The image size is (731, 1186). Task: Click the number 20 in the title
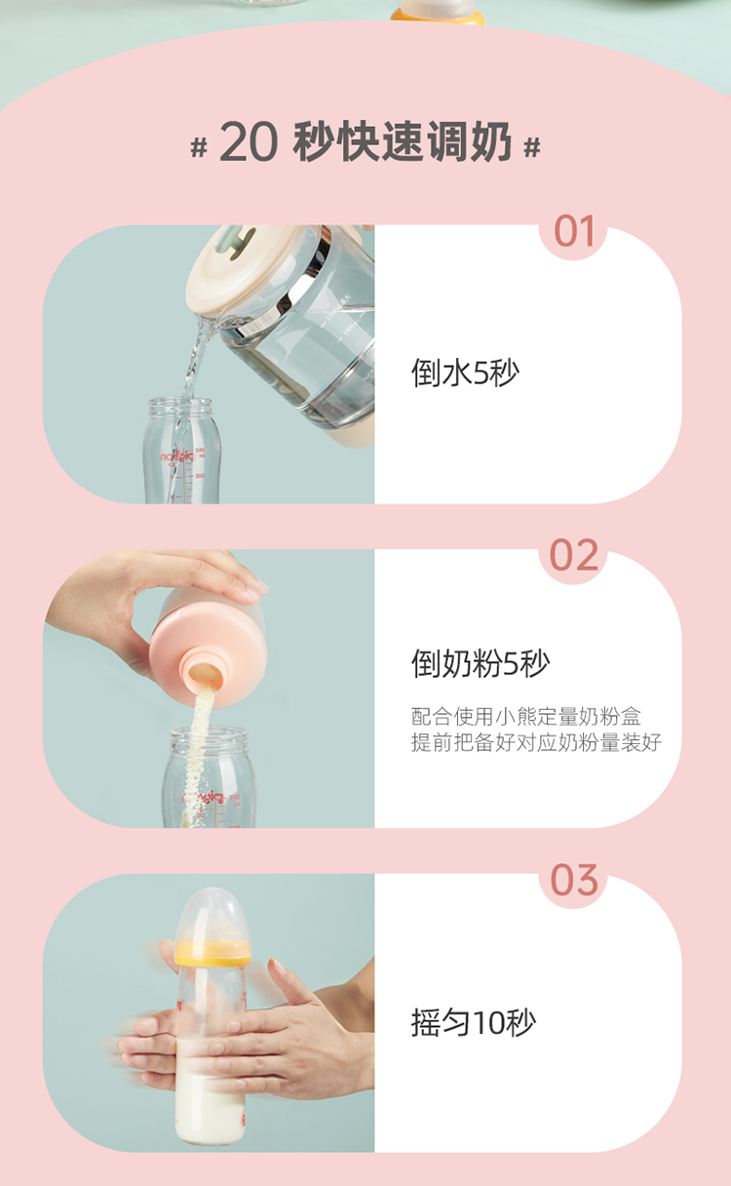[x=249, y=141]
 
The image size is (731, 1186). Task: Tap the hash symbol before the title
[x=199, y=146]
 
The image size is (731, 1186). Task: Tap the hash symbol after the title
[x=531, y=146]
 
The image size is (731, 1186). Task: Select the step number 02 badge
[x=574, y=555]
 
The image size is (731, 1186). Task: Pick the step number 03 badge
[x=574, y=880]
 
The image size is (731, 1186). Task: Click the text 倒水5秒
[x=465, y=373]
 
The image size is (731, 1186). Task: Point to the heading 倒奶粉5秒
[x=481, y=663]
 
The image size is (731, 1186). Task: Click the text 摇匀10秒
[x=474, y=1022]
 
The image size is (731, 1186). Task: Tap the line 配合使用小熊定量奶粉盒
[x=525, y=716]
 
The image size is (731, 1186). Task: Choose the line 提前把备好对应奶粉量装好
[x=536, y=742]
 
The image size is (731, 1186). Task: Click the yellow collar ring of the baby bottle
[x=212, y=953]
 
